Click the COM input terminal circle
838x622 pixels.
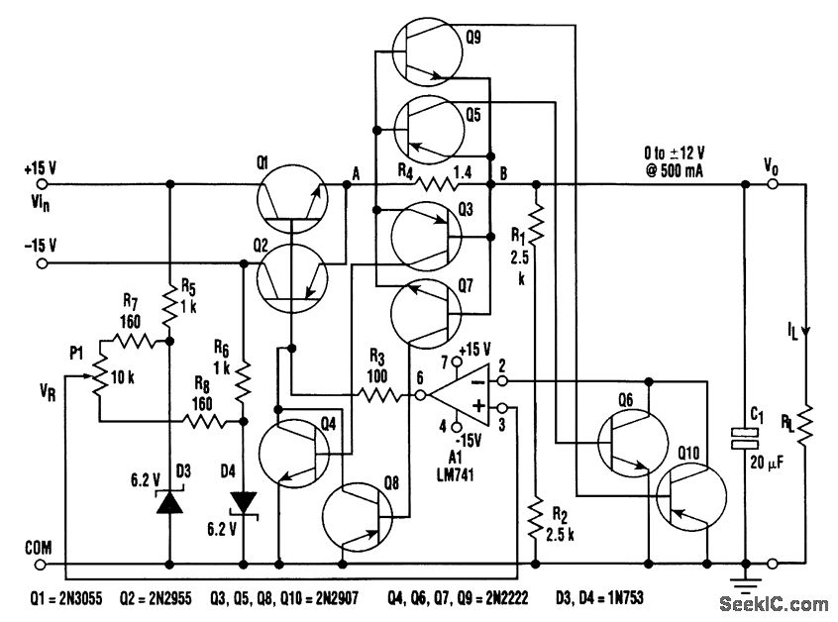click(41, 566)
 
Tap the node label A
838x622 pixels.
click(355, 169)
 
